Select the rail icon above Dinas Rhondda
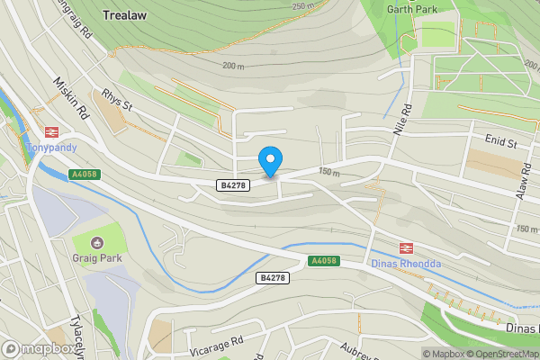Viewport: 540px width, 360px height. [406, 247]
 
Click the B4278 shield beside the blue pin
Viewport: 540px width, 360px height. [233, 184]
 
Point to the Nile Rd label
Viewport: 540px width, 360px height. [401, 120]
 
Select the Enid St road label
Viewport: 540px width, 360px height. [500, 142]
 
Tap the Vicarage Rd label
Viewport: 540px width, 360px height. [217, 343]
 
